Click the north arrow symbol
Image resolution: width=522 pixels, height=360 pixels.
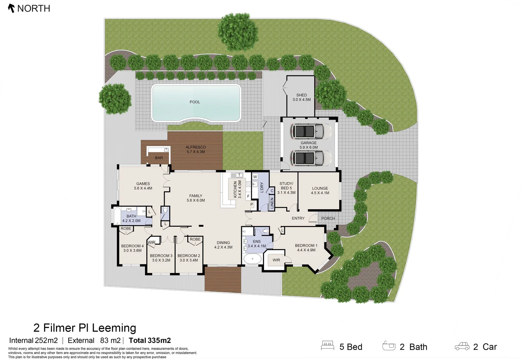(11, 8)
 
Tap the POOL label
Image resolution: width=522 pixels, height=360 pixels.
(195, 102)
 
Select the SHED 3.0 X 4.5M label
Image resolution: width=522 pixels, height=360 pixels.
(301, 97)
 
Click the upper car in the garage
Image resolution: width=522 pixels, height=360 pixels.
(307, 131)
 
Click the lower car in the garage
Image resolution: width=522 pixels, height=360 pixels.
(307, 158)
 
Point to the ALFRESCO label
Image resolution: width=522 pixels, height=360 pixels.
(196, 149)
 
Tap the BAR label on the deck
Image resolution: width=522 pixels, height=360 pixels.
(159, 158)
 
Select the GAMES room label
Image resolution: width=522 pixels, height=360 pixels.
(143, 186)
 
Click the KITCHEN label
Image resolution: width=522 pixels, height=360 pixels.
(237, 189)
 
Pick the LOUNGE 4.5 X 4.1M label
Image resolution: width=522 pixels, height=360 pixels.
(320, 191)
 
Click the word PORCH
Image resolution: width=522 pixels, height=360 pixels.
(328, 218)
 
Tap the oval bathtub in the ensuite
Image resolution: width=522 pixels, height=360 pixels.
(252, 259)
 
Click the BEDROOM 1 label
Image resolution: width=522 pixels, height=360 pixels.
(306, 248)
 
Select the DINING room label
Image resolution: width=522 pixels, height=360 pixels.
(223, 245)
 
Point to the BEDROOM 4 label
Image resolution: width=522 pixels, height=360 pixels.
(132, 248)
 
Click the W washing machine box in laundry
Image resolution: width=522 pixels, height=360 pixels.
(255, 177)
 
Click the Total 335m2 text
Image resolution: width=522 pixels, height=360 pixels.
(150, 340)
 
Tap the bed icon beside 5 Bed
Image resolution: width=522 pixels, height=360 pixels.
(327, 346)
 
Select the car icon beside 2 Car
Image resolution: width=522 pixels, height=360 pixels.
(462, 346)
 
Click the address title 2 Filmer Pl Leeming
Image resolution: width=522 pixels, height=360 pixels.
(85, 328)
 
